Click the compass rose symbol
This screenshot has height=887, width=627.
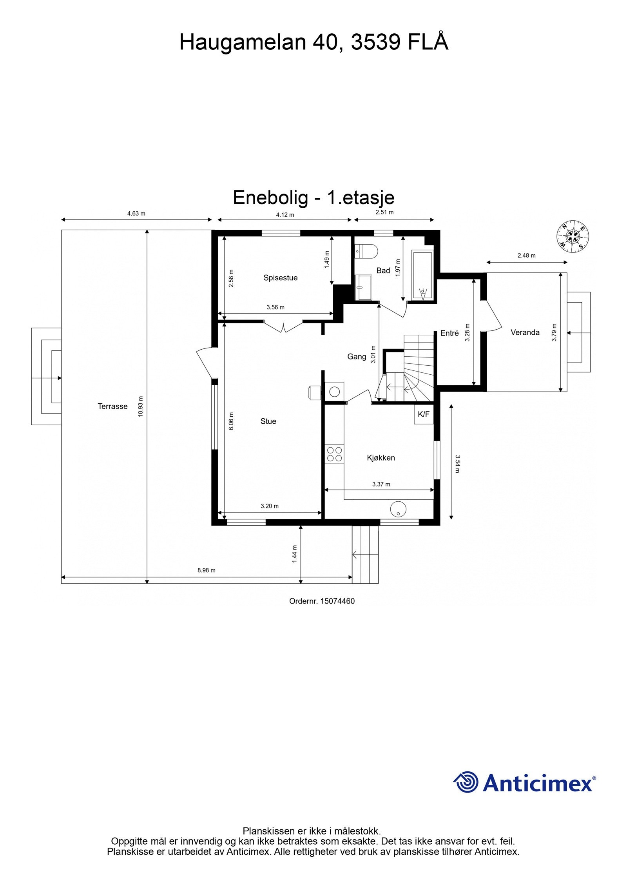573,236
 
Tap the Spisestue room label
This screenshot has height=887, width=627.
280,278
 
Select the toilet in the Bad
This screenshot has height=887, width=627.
366,251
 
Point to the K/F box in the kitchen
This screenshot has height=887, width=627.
424,414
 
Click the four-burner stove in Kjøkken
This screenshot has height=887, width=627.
334,454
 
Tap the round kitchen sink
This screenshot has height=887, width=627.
398,509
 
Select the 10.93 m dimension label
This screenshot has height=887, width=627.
141,406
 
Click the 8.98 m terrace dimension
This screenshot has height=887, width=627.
206,571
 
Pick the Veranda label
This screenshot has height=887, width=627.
525,332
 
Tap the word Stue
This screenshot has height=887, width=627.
268,421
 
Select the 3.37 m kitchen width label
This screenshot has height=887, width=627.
381,484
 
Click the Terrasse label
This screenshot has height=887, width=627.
112,406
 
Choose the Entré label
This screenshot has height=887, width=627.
449,333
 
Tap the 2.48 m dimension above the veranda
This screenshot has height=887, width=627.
526,256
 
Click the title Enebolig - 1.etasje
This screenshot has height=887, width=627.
313,198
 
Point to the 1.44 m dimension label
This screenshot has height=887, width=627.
295,554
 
